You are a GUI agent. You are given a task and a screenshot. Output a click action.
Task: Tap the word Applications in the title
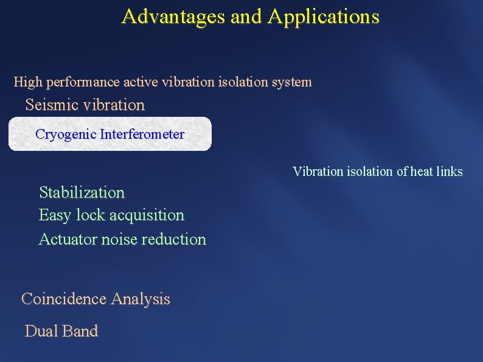[323, 16]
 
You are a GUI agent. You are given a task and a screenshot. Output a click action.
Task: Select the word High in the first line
[26, 82]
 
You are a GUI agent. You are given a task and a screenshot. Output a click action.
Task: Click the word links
[450, 172]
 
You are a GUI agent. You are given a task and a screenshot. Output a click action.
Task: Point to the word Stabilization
[82, 193]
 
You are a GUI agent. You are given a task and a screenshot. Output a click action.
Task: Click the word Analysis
[141, 299]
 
